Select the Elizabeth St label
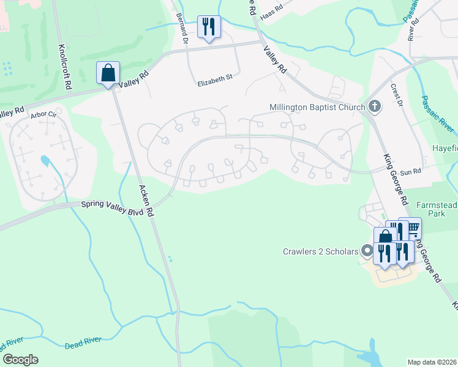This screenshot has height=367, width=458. [215, 78]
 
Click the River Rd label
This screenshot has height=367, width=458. [413, 28]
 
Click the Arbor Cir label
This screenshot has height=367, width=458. [43, 114]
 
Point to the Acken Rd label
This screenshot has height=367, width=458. [145, 202]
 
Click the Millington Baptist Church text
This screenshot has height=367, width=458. [317, 107]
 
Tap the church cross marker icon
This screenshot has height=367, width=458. [375, 107]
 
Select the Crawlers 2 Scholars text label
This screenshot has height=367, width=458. [320, 251]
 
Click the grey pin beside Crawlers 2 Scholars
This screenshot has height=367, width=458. [367, 251]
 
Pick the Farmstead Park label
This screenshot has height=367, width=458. [437, 209]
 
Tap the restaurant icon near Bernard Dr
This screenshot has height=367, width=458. [209, 27]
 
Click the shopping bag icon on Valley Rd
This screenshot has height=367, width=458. [108, 73]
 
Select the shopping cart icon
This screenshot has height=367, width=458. [413, 228]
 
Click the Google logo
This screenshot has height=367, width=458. [20, 359]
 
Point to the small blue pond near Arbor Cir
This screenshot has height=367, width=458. [45, 161]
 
